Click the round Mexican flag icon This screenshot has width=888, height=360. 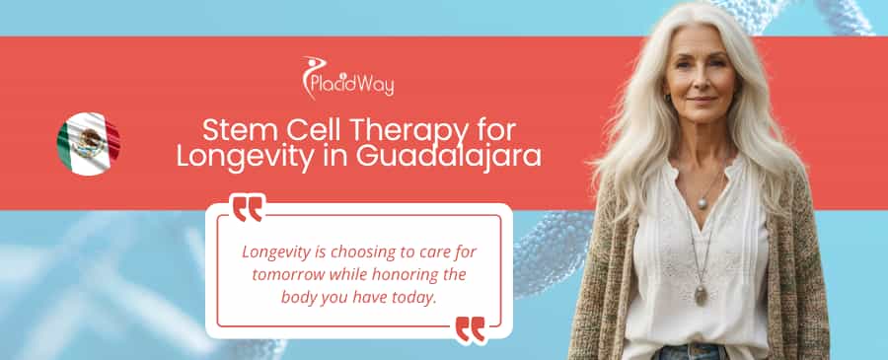88,144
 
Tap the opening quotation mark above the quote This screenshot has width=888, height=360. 248,208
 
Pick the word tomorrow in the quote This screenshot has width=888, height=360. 286,273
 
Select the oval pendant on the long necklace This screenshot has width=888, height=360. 701,294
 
